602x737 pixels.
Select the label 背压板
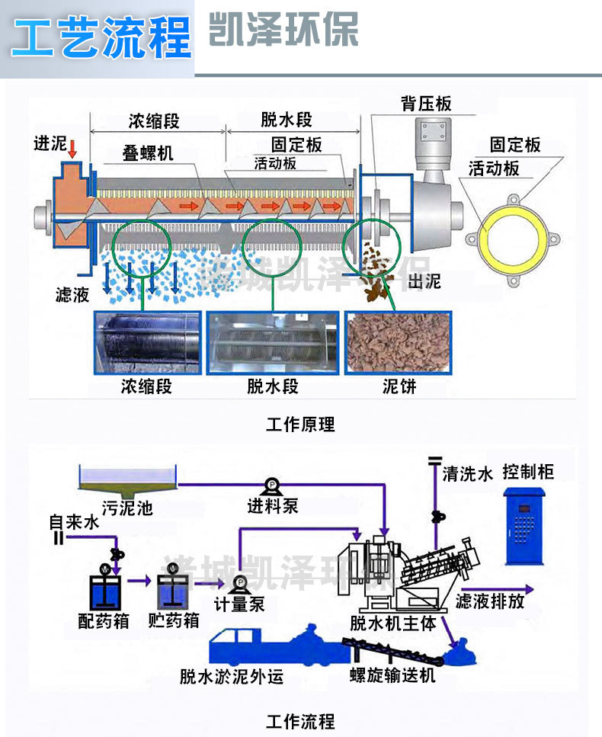coord(426,104)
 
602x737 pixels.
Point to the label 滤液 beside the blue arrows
coord(72,295)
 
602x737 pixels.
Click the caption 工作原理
coord(300,425)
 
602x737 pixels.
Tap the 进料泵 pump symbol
coord(271,485)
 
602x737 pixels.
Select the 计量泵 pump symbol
coord(239,583)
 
